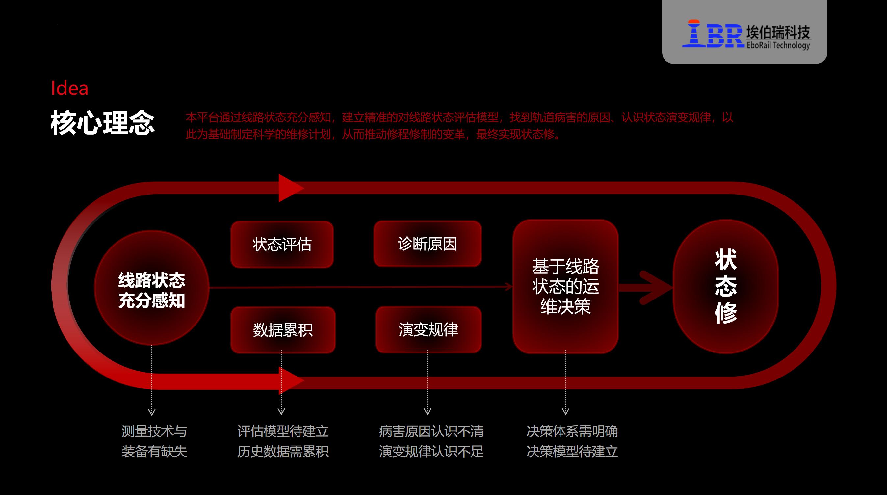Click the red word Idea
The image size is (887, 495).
coord(69,88)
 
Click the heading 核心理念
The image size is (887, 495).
coord(103,123)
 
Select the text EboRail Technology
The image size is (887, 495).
coord(778,45)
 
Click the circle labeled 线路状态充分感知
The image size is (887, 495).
coord(151,287)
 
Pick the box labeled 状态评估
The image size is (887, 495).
coord(282,245)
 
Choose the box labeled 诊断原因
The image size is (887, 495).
coord(427,244)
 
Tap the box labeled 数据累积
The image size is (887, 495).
coord(283,330)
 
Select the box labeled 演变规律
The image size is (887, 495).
coord(428,329)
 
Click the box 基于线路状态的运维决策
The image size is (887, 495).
coord(565,286)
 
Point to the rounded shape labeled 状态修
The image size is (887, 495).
coord(726,286)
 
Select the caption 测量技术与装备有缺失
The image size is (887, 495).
coord(154,441)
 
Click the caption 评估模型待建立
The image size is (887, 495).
coord(283,431)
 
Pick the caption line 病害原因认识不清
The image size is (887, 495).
coord(431,431)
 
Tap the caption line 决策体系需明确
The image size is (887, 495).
coord(572,431)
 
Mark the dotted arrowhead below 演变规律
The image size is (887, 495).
coord(427,411)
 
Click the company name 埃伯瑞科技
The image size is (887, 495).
coord(778,32)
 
